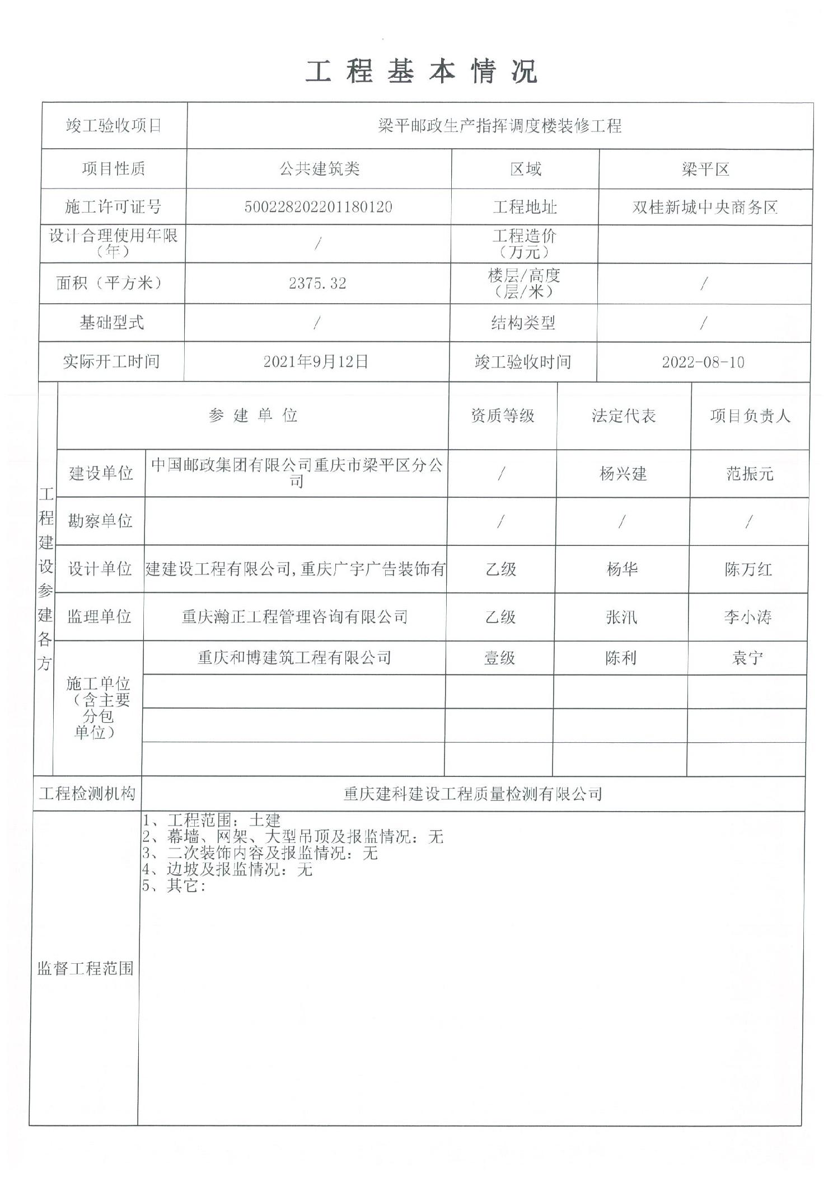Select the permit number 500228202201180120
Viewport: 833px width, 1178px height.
(318, 207)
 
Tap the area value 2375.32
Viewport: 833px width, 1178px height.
(317, 283)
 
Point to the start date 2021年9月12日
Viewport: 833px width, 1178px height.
(316, 362)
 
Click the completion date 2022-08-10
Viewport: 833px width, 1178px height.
(703, 362)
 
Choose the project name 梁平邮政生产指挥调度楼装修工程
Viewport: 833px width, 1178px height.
(499, 126)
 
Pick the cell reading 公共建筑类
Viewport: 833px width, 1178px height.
(319, 168)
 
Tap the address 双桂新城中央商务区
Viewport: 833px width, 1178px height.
(705, 208)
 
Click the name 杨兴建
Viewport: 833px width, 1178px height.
(623, 474)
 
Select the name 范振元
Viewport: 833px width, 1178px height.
(750, 474)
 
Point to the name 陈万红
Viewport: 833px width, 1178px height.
(748, 570)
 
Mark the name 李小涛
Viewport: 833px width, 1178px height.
(747, 618)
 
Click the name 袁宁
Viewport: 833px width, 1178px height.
(747, 658)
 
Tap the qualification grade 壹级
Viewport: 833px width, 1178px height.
(500, 658)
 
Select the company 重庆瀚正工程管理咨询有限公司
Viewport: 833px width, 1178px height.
(294, 617)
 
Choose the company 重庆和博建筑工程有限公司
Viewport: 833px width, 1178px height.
(294, 658)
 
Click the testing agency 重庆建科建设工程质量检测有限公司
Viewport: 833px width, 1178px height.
(472, 794)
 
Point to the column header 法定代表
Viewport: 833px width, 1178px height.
(624, 416)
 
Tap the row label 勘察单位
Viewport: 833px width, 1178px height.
(100, 521)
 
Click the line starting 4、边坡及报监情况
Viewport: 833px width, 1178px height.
(227, 869)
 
